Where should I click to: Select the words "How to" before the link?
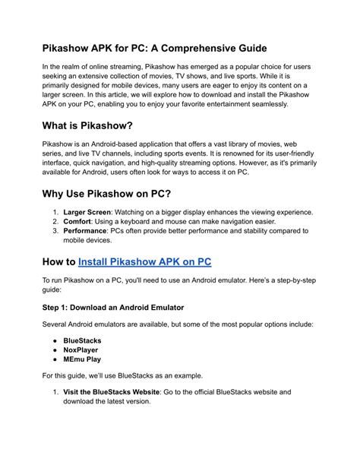(x=58, y=262)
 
